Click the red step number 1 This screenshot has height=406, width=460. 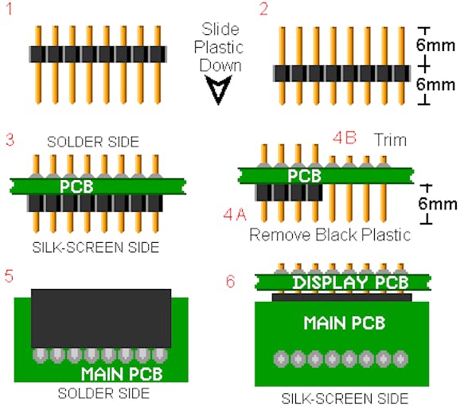[9, 9]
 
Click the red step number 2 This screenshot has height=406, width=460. [263, 9]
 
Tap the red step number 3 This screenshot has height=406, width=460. [10, 139]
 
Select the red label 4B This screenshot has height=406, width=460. [345, 138]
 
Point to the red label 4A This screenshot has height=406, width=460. [235, 214]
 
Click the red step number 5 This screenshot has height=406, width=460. [9, 276]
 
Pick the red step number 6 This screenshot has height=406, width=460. [230, 281]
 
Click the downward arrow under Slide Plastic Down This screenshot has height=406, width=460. [218, 89]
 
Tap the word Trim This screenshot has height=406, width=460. [390, 140]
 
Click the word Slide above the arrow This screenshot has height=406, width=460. [220, 29]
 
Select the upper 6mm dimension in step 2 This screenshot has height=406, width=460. [435, 45]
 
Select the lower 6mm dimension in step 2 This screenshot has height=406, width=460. [435, 84]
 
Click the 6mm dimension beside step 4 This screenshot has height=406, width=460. [438, 204]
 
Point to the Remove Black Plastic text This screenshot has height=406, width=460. [330, 235]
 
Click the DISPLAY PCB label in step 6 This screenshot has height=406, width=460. [351, 283]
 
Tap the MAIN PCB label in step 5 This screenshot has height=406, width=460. [122, 373]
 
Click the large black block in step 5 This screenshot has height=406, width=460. [101, 318]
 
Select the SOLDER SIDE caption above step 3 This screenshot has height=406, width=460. [93, 142]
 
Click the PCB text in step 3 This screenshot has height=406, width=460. [76, 186]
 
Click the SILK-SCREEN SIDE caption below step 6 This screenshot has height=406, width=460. [345, 399]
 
